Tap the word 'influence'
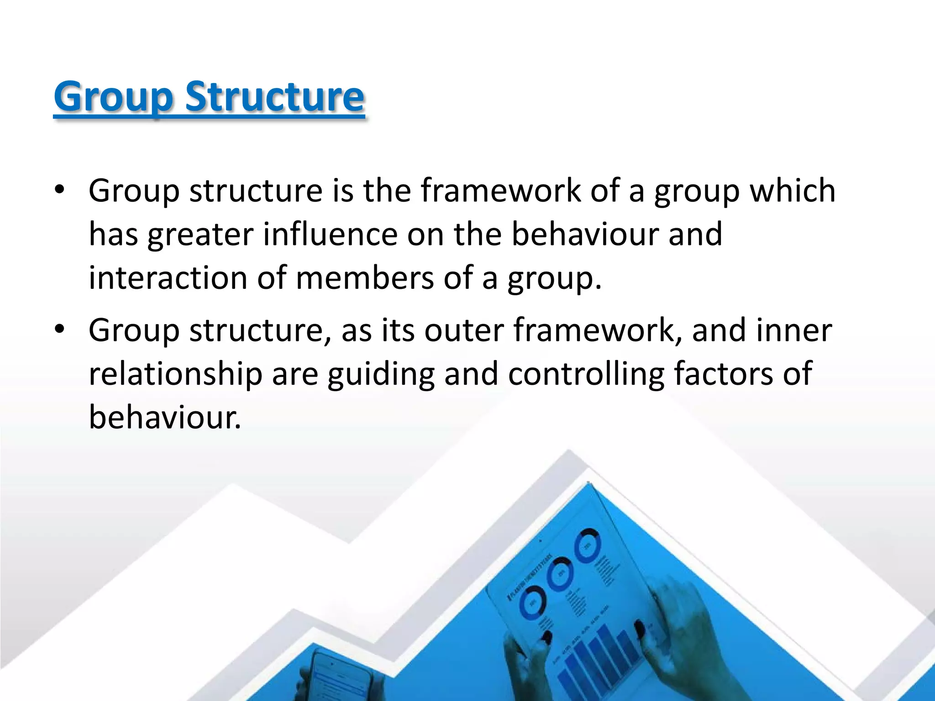pos(331,234)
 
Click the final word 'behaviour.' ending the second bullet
pos(164,417)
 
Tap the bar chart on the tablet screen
pos(589,657)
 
